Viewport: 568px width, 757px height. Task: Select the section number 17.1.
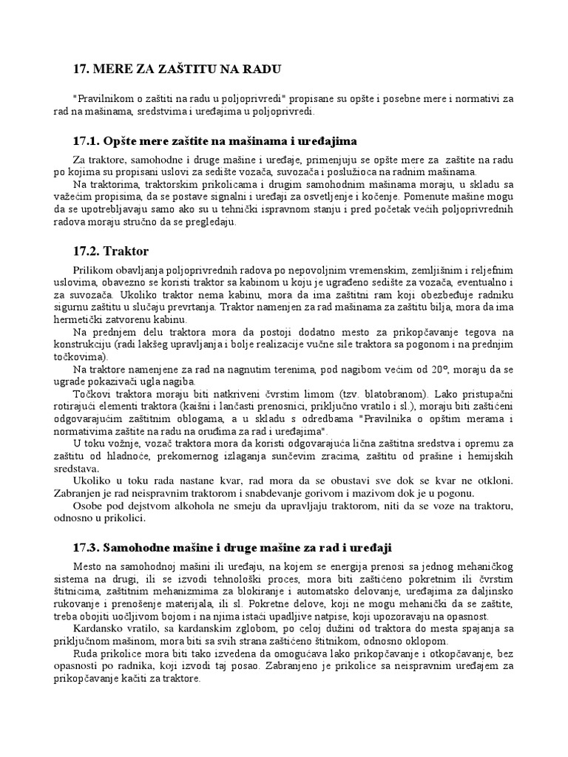[x=87, y=140]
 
